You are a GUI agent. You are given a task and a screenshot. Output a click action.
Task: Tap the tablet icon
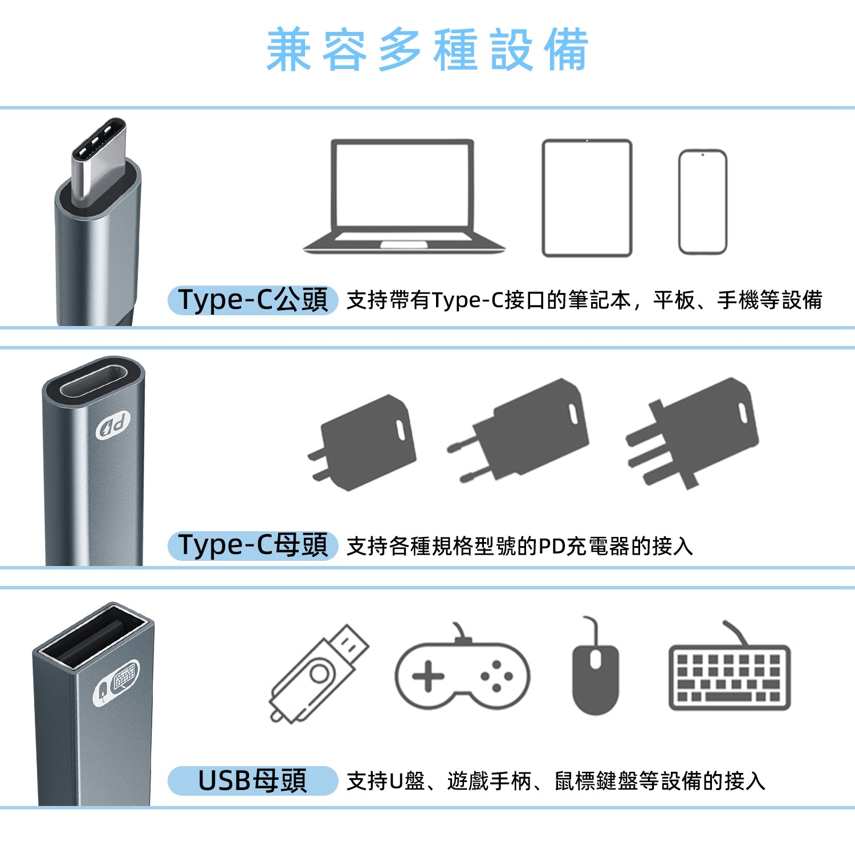[x=587, y=198]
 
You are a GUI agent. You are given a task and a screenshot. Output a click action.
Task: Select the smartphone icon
[x=703, y=202]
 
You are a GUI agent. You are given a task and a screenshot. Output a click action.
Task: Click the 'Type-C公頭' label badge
[x=253, y=300]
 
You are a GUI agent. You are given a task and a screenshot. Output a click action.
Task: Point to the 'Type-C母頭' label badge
[x=253, y=545]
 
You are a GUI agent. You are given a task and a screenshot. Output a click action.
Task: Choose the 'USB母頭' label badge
[x=253, y=780]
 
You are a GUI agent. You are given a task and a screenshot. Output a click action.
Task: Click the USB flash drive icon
[x=319, y=674]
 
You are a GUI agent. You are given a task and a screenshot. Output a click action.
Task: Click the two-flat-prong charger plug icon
[x=363, y=442]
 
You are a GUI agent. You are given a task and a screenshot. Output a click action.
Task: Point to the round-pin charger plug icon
[x=519, y=431]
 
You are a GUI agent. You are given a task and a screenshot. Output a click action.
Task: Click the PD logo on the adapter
[x=113, y=425]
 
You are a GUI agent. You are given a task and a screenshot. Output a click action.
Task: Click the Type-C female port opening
[x=93, y=381]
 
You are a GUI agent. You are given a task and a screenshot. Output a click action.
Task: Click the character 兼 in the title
[x=289, y=50]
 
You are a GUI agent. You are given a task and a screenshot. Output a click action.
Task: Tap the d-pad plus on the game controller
[x=428, y=677]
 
